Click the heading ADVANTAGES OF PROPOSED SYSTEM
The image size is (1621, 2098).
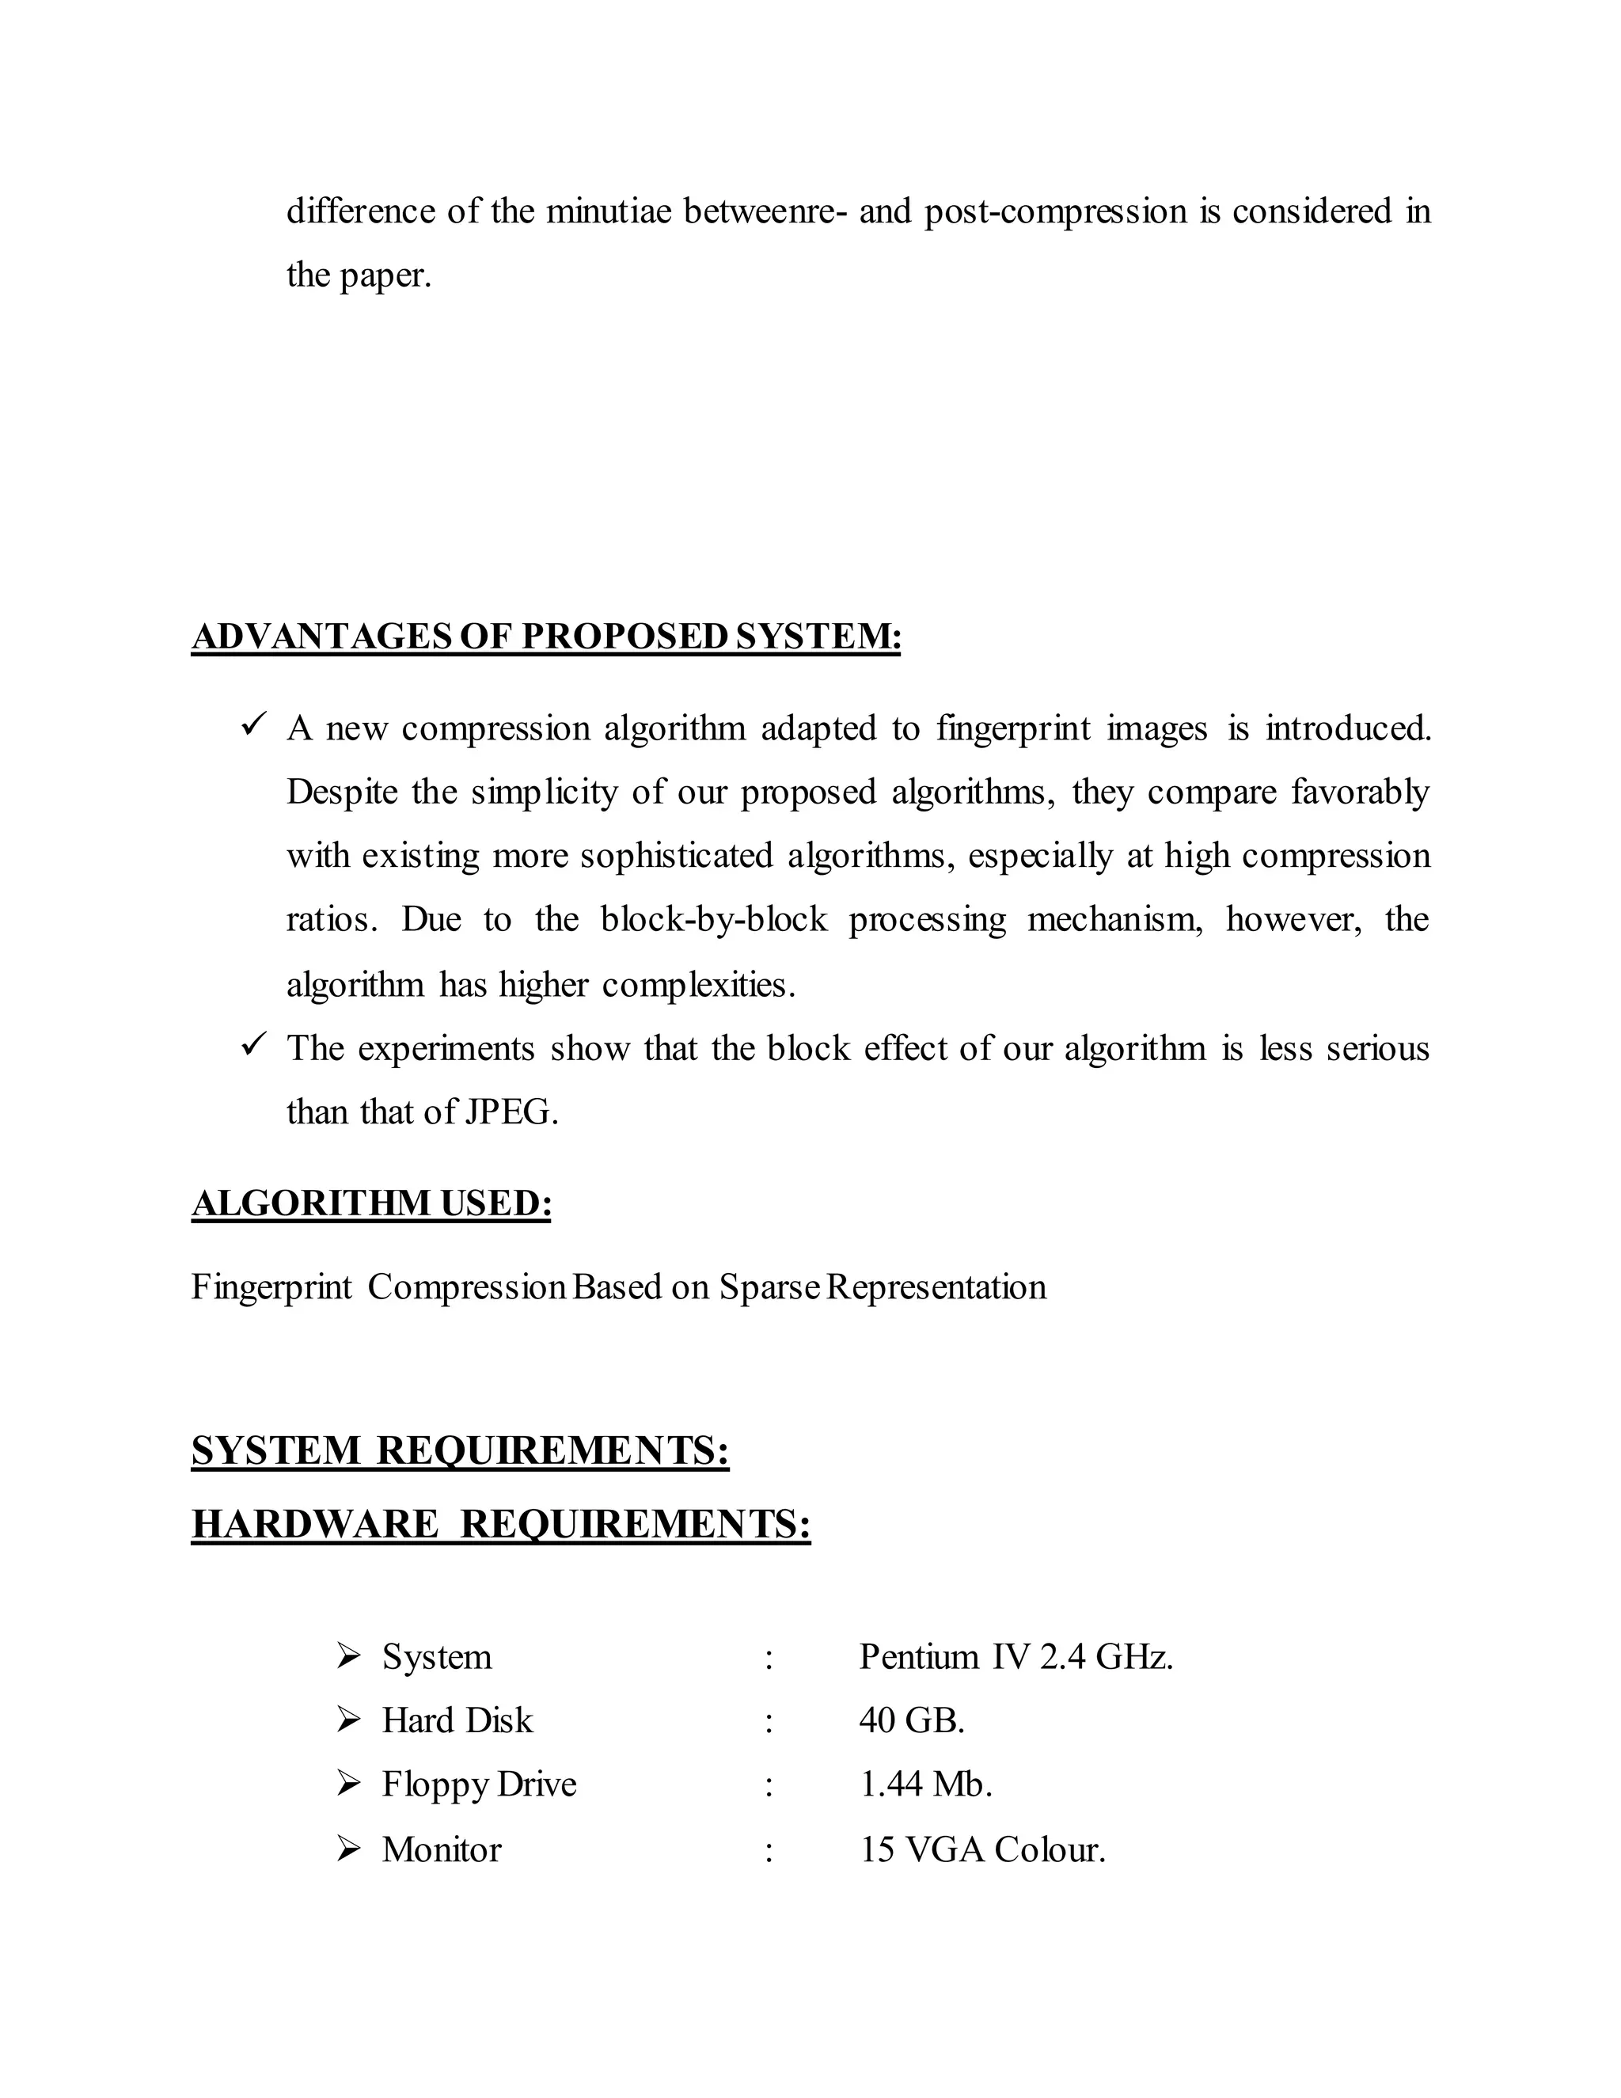(x=545, y=637)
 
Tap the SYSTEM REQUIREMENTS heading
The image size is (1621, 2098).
(x=460, y=1450)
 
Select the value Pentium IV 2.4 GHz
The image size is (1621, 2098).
(x=1015, y=1656)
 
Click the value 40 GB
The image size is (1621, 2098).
(x=910, y=1720)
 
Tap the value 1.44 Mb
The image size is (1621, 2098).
(x=924, y=1784)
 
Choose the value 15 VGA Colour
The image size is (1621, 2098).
(x=981, y=1849)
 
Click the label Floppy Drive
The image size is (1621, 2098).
(x=478, y=1784)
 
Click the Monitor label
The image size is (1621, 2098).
(x=441, y=1849)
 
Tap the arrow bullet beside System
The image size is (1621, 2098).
(x=347, y=1655)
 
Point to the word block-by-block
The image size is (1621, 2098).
(x=712, y=919)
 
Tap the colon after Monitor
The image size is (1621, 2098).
(x=769, y=1850)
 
